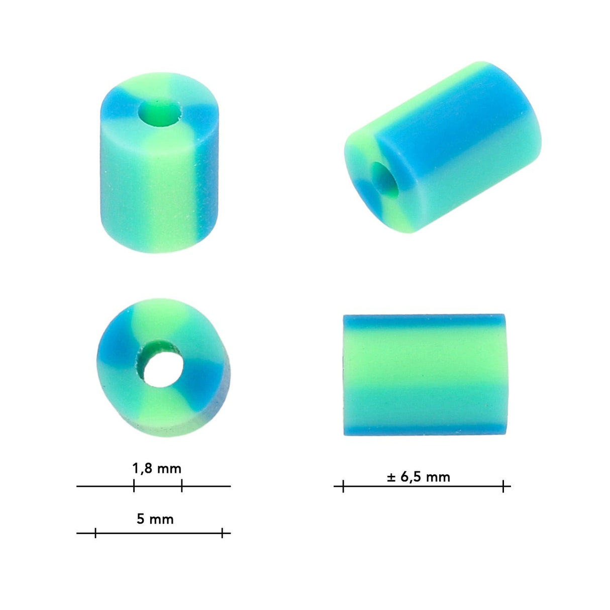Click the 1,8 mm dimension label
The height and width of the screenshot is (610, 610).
click(156, 469)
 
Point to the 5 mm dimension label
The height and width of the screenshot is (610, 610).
click(155, 519)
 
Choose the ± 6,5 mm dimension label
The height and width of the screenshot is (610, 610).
click(419, 477)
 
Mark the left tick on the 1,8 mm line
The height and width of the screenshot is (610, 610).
click(134, 486)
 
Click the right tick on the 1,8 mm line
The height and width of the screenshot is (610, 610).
click(181, 486)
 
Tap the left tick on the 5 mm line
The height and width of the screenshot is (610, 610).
click(95, 533)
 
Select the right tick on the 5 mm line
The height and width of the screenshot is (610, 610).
click(222, 533)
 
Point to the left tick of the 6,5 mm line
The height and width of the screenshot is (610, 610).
click(343, 486)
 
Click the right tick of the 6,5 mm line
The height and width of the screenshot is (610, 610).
click(503, 486)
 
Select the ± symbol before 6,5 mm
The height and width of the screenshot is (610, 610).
click(391, 477)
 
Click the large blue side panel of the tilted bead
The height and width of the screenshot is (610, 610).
click(452, 121)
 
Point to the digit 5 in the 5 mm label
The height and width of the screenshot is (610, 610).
click(141, 519)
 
